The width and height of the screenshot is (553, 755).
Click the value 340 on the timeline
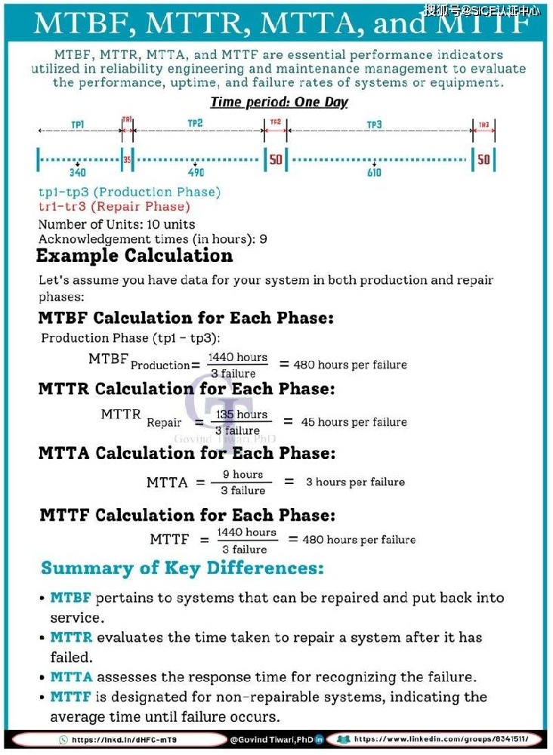77,173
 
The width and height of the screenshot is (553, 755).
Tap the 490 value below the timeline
196,173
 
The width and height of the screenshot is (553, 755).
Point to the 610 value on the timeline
374,173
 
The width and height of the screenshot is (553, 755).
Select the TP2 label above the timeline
196,123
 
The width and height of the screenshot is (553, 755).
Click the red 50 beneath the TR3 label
483,159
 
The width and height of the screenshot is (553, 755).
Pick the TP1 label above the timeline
77,123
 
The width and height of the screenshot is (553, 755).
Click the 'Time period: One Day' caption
279,102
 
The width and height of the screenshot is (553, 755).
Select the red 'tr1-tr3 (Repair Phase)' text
114,206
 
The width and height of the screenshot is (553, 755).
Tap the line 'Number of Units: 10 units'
116,224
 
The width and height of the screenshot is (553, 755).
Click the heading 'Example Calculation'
134,256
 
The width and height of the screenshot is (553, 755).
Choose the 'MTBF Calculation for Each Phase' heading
186,318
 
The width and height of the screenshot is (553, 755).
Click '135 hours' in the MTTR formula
242,414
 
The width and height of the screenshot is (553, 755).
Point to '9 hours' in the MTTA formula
243,475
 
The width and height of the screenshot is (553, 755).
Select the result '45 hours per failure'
354,422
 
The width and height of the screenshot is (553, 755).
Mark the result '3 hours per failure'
355,482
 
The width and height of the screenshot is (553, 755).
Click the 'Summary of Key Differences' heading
182,568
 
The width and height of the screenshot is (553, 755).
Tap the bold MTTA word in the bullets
71,677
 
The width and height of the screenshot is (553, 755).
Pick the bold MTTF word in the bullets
71,697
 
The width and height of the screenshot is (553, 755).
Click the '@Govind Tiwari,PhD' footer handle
271,739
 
